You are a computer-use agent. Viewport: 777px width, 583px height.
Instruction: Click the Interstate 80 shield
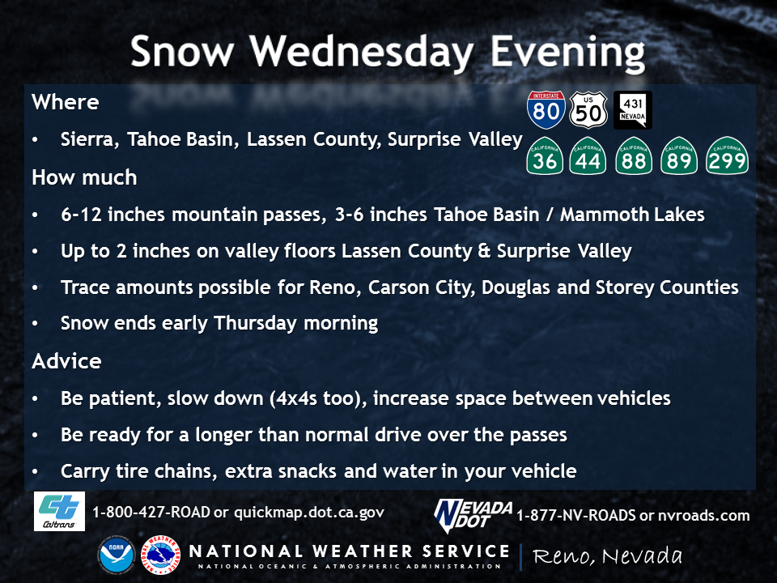pos(546,109)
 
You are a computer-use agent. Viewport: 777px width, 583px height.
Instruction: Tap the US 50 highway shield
pos(588,109)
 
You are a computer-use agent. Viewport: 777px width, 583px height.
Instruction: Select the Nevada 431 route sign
pos(633,109)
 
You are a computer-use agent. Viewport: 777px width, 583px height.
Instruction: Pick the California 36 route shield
pos(545,155)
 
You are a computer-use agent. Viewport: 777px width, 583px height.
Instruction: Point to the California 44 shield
pos(588,155)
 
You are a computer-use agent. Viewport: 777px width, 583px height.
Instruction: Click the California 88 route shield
pos(634,155)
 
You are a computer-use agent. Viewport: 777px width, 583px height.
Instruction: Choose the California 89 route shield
pos(679,155)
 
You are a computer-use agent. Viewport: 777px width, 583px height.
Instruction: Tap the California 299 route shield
pos(727,155)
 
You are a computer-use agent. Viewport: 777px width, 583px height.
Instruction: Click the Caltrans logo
pos(59,511)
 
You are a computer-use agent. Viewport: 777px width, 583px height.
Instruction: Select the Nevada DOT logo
pos(473,516)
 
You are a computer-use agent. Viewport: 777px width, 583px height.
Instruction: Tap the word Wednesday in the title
pos(361,53)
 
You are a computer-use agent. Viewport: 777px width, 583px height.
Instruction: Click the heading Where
pos(66,102)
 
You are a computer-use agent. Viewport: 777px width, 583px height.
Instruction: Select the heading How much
pos(84,177)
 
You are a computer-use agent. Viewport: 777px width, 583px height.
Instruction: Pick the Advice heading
pos(66,361)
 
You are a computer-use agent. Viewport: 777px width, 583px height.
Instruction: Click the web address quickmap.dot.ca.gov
pos(308,513)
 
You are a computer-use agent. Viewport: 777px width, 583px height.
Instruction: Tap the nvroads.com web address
pos(703,516)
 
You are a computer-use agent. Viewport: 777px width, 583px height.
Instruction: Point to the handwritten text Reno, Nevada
pos(608,556)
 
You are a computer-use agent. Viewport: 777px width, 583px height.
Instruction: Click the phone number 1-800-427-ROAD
pos(151,512)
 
